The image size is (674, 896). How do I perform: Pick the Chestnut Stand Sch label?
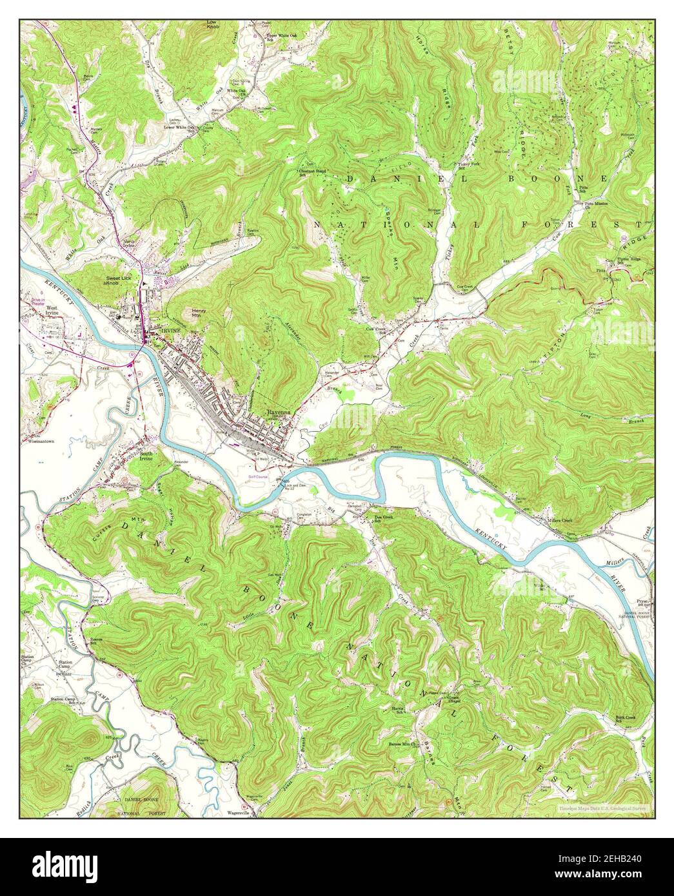click(310, 172)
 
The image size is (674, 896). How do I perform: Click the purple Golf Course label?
click(258, 476)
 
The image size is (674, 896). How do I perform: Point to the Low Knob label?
click(211, 24)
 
